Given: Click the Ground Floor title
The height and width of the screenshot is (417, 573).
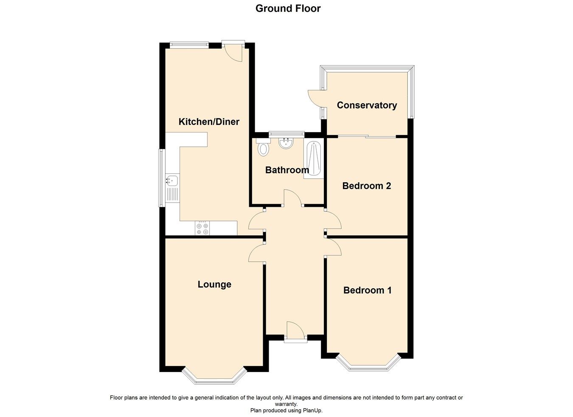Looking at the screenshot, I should (x=288, y=8).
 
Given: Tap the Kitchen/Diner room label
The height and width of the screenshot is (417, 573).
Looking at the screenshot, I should (x=209, y=122).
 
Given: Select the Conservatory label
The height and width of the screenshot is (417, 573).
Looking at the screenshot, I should (x=367, y=105).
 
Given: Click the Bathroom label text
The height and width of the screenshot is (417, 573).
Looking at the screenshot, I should (x=287, y=170).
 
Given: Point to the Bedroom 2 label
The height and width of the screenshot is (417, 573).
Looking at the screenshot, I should (x=366, y=186).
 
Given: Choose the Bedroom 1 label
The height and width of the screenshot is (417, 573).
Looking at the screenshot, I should (x=367, y=290).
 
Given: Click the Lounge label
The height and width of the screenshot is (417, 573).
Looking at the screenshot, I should (x=214, y=285).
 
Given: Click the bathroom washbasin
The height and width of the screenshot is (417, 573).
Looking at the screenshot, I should (x=286, y=143).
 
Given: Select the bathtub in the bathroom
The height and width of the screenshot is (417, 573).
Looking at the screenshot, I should (x=314, y=159).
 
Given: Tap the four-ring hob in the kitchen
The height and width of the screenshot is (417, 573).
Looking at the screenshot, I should (x=202, y=228).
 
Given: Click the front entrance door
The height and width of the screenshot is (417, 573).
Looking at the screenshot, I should (x=295, y=332).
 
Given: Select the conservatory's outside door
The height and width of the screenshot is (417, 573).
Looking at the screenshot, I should (x=315, y=98).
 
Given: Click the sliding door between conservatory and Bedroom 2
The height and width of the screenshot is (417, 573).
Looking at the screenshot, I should (x=367, y=136).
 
